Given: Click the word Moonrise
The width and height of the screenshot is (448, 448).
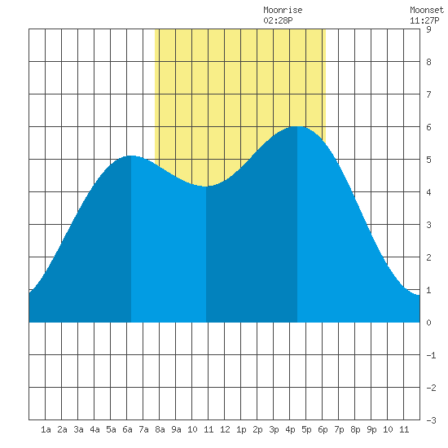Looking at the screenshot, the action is [283, 10].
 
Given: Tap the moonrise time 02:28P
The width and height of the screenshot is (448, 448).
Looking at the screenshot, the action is [278, 20].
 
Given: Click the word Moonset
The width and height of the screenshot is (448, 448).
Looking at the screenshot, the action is [427, 10].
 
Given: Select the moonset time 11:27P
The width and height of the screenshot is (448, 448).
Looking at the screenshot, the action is [424, 20].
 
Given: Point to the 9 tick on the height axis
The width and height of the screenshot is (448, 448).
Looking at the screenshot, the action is [428, 29].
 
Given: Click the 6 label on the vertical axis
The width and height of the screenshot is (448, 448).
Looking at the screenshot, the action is [428, 127].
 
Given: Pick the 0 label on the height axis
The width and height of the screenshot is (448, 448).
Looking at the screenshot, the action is [428, 323].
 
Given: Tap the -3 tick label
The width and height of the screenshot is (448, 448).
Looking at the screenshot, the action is [431, 420].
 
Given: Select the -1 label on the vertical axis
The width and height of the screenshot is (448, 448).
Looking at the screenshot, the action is [431, 355].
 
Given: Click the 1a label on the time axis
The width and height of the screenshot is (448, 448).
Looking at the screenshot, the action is [46, 429].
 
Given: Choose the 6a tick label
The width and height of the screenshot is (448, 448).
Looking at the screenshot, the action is [127, 429].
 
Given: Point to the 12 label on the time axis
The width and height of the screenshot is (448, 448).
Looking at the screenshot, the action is [225, 429].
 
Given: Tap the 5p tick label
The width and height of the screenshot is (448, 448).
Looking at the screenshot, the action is [306, 429].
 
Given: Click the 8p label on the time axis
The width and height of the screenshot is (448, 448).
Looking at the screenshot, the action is [355, 429].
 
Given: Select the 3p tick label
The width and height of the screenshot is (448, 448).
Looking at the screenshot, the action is [274, 429].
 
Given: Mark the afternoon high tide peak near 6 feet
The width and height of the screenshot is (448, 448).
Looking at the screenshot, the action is [297, 126].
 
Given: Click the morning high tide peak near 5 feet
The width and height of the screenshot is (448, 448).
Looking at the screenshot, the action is [131, 156].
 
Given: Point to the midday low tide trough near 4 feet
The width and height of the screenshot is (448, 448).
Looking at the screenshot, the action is [206, 187].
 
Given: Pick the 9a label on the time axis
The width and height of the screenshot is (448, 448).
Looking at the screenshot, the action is [176, 429].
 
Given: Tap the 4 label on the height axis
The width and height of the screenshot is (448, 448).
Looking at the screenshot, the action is [428, 192].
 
